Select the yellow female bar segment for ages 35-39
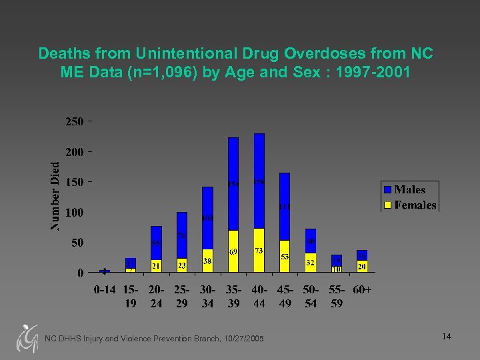tap(233, 251)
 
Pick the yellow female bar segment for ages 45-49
tap(285, 256)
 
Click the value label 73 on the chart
tap(259, 250)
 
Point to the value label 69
tap(233, 252)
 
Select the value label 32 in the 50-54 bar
tap(310, 263)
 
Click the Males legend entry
tap(409, 190)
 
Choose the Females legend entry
tap(409, 205)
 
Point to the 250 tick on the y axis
tap(74, 122)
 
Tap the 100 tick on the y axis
tap(74, 213)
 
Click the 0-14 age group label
tap(105, 291)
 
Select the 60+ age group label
tap(362, 291)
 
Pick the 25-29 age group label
tap(181, 297)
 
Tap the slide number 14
tap(447, 337)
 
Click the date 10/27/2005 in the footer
tap(241, 339)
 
